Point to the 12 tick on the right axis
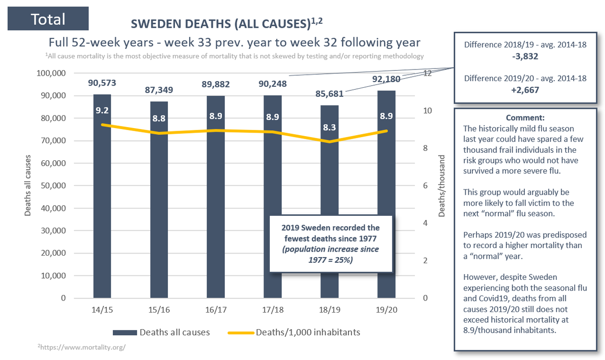[x=428, y=74]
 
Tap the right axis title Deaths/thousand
[x=442, y=186]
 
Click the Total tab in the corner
[x=48, y=19]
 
